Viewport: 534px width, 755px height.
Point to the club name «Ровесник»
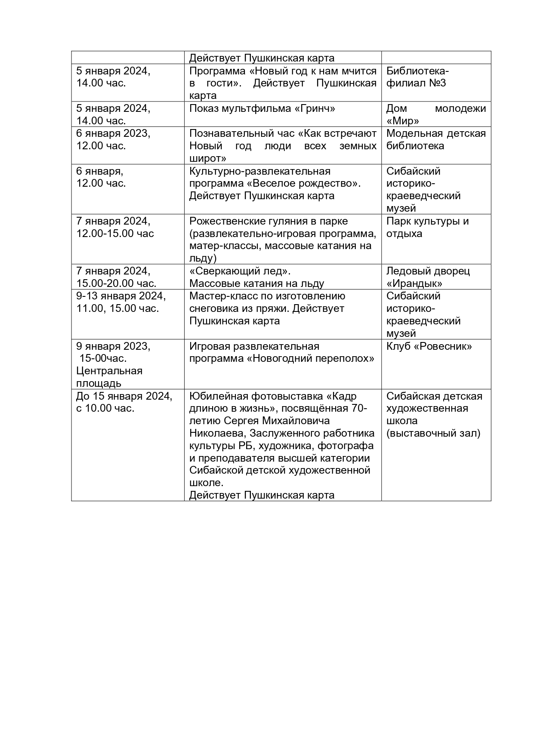pos(443,346)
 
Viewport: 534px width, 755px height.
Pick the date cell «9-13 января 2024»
pos(121,296)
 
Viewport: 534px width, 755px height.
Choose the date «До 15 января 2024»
pos(124,396)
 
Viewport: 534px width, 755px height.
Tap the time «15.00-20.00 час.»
pos(116,284)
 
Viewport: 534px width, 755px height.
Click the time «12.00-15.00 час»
pos(115,234)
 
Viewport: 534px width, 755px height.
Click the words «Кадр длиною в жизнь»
pos(273,402)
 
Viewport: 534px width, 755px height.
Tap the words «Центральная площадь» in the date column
pos(109,377)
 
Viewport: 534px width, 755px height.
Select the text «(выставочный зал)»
pos(433,433)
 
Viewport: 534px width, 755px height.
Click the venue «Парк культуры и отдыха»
pos(427,227)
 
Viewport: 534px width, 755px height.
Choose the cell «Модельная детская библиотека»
pos(435,139)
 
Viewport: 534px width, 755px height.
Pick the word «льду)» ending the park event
pos(203,258)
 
